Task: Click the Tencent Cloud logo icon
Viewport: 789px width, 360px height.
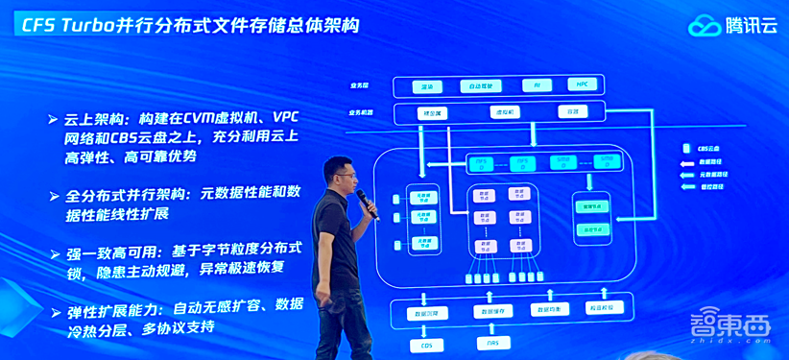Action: click(x=705, y=26)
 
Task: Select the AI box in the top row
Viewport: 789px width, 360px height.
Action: click(x=537, y=85)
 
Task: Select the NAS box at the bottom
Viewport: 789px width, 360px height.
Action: click(x=493, y=344)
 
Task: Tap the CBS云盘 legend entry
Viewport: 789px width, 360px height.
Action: click(x=700, y=147)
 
